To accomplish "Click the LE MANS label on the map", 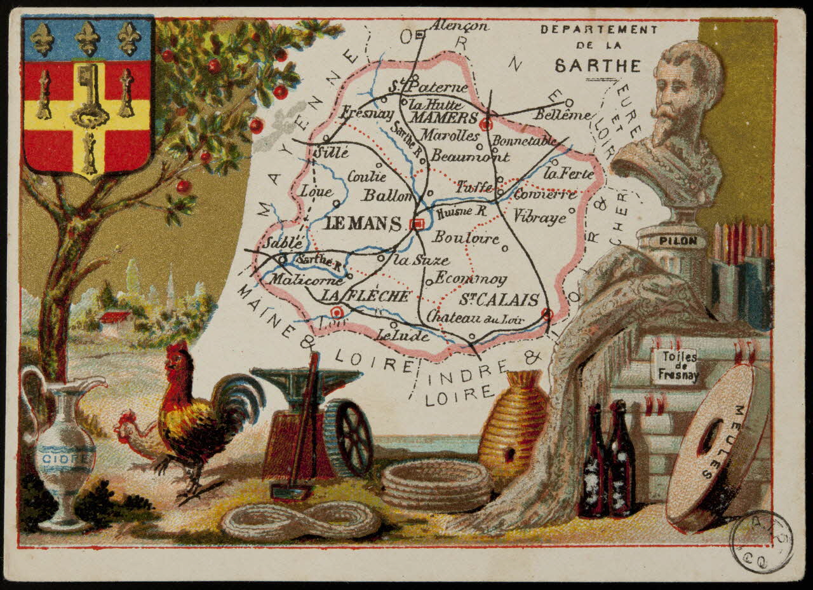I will tap(363, 224).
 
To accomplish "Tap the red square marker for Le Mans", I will tap(417, 223).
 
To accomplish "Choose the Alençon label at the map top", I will tap(459, 26).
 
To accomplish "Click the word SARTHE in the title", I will tap(598, 65).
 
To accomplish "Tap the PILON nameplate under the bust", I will tap(673, 241).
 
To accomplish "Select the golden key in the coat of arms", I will tap(89, 95).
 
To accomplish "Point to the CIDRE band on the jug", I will tap(65, 456).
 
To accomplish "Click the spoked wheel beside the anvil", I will tap(349, 437).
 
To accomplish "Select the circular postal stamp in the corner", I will tap(761, 542).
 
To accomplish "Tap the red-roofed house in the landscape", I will tap(115, 317).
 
